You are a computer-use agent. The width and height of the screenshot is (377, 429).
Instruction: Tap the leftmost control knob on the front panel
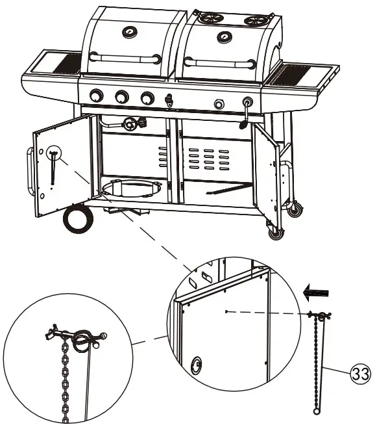tap(96, 96)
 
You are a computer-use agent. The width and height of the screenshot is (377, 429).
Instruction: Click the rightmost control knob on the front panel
tap(247, 103)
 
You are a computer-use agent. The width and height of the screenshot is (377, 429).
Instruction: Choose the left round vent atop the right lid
tap(207, 19)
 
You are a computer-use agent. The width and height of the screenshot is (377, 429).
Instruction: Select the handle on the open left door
tap(29, 170)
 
